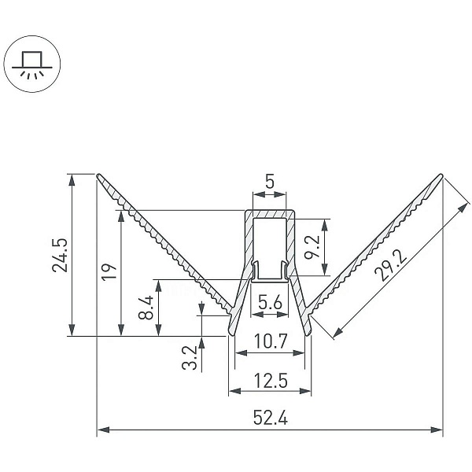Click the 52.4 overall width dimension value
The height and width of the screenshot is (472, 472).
click(x=270, y=418)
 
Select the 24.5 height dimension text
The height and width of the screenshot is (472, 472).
click(x=60, y=255)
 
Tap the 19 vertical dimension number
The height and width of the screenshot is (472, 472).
click(x=109, y=272)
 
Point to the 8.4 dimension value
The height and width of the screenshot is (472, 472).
click(x=146, y=308)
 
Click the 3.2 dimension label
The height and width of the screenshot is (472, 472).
click(x=189, y=358)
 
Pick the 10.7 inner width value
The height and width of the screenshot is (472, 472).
click(x=271, y=341)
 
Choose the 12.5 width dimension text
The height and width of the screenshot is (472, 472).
click(x=271, y=381)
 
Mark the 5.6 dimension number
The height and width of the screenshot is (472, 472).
click(x=271, y=302)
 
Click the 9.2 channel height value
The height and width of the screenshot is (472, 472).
click(x=312, y=247)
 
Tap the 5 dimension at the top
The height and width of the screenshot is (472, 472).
click(x=270, y=182)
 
